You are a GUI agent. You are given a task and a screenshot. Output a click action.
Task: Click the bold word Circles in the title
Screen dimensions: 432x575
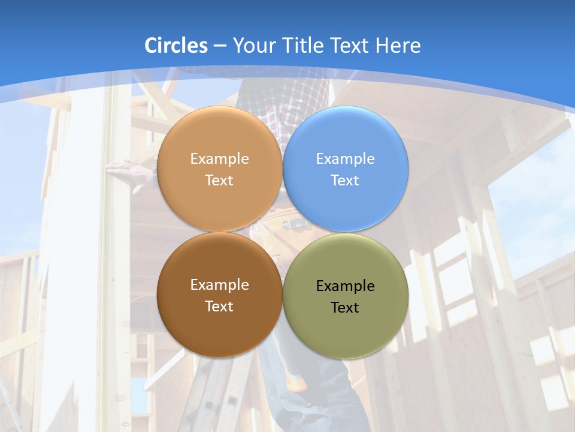pos(175,46)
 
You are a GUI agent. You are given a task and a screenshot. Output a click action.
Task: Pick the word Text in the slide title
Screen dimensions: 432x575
pos(352,46)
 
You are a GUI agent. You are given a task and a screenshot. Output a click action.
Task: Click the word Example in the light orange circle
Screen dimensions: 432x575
pos(219,159)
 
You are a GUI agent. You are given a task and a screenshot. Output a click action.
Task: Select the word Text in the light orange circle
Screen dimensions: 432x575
pos(219,181)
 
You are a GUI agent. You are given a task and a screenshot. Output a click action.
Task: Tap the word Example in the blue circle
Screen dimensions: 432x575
pos(345,159)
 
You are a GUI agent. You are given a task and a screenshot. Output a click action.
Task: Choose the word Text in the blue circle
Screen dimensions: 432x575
pos(345,181)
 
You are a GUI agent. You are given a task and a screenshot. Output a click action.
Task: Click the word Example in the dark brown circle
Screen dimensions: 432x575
pos(219,285)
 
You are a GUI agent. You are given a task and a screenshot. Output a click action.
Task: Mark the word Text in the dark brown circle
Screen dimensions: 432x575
pos(219,307)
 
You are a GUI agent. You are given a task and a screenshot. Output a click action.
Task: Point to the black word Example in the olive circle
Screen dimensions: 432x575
pos(345,286)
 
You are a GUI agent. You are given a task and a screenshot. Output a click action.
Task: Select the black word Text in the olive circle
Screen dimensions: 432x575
pos(345,308)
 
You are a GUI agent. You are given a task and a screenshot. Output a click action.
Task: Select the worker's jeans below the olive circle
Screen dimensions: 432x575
pos(323,384)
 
